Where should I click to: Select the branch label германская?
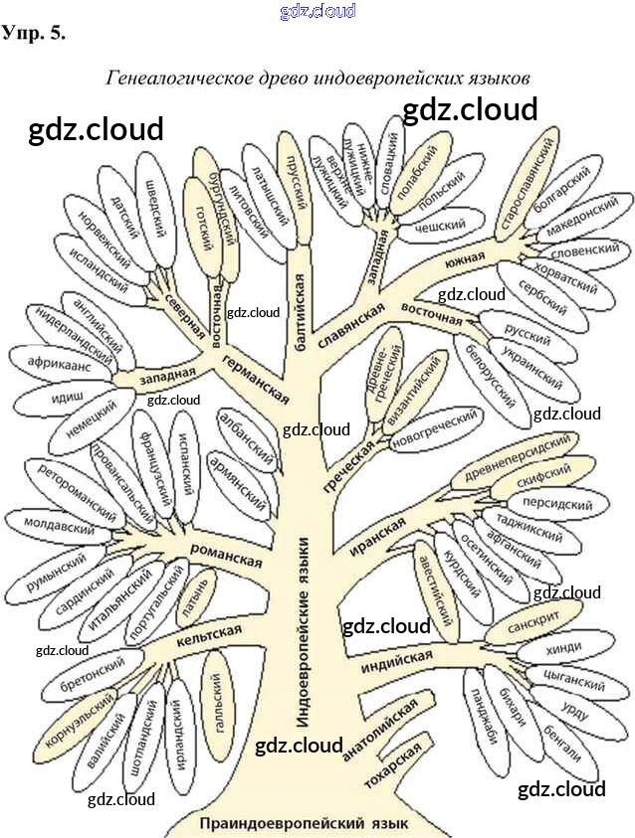tap(255, 379)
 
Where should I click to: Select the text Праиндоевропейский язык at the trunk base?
tap(303, 823)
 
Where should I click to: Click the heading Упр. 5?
tap(35, 33)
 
